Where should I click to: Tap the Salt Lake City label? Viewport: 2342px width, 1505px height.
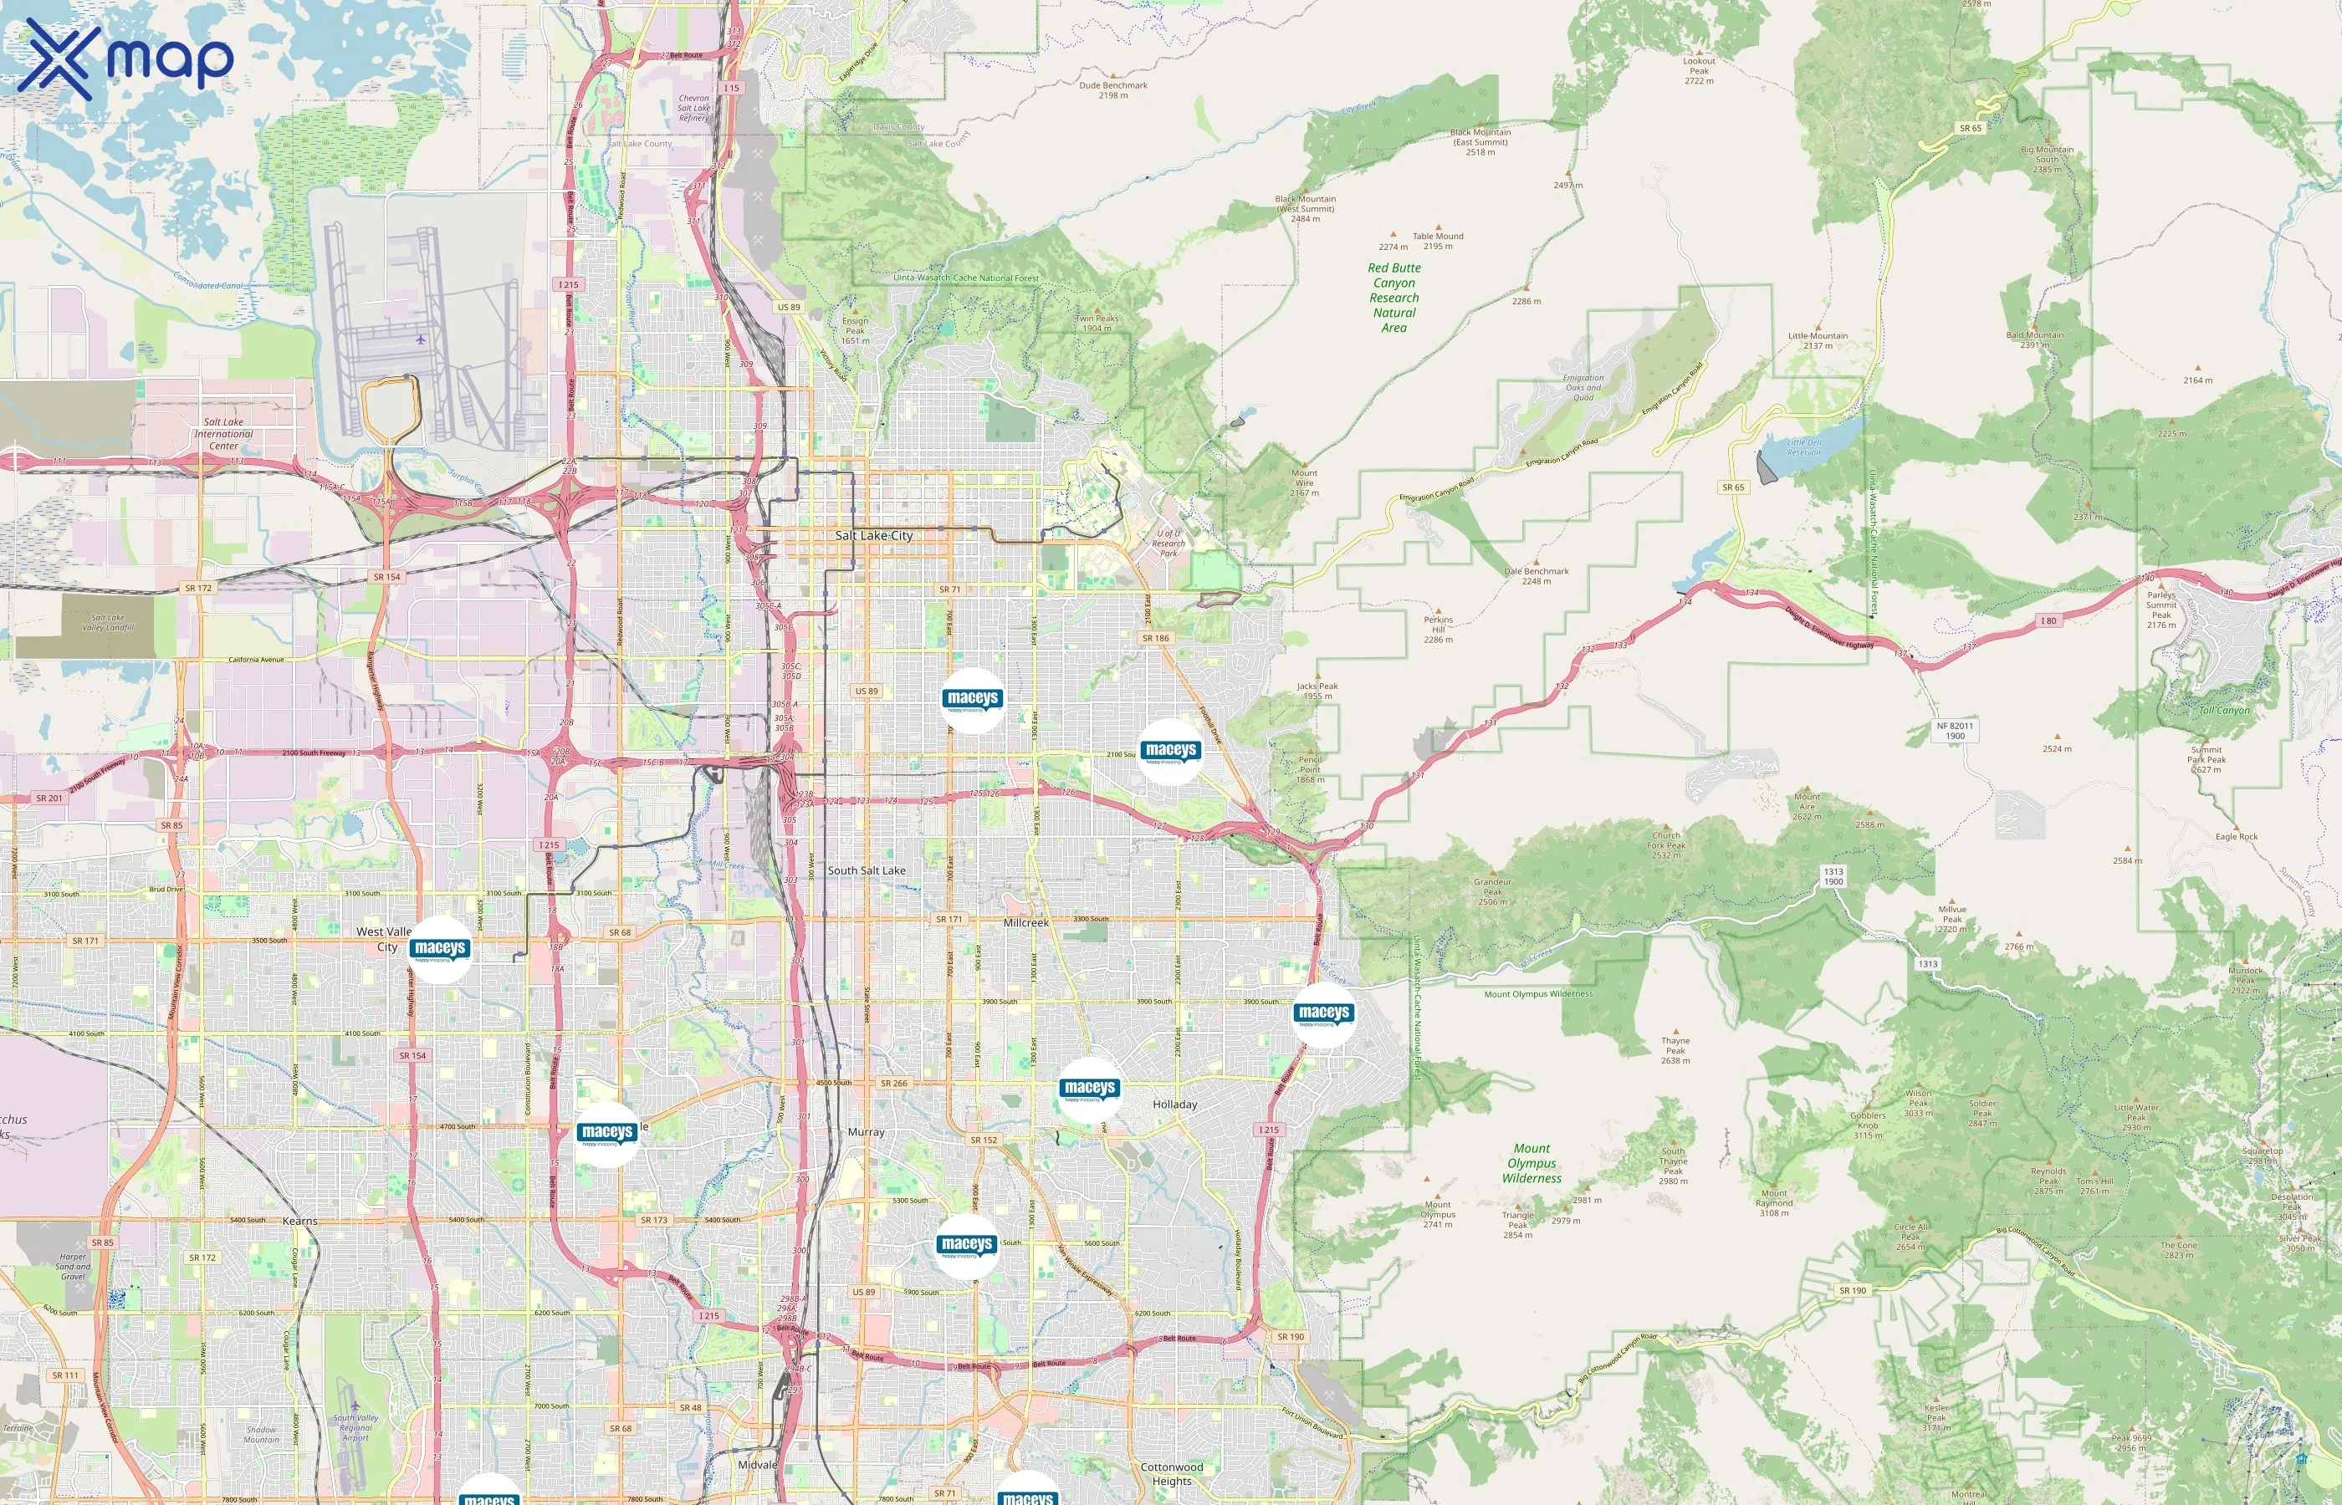[x=874, y=536]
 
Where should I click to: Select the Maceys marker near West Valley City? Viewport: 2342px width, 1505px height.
[x=440, y=949]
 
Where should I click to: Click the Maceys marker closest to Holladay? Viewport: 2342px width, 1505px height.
[x=1089, y=1089]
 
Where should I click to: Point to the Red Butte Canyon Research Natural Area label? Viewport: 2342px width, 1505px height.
[x=1393, y=297]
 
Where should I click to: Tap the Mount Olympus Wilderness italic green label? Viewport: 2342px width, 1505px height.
[x=1532, y=1163]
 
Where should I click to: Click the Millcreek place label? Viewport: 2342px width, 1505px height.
[x=1025, y=922]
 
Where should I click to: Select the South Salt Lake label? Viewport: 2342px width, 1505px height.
[x=866, y=870]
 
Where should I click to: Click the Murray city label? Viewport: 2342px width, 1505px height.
[x=865, y=1132]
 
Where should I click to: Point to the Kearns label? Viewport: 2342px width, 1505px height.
[x=300, y=1221]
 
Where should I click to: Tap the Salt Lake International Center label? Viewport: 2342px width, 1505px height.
[x=224, y=434]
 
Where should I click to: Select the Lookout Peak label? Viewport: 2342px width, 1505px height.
[x=1699, y=70]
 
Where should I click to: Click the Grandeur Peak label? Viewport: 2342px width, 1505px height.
[x=1492, y=891]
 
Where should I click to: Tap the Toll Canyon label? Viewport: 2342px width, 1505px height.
[x=2224, y=711]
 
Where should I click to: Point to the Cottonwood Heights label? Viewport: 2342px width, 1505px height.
[x=1171, y=1474]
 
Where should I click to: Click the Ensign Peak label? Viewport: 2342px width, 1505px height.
[x=856, y=330]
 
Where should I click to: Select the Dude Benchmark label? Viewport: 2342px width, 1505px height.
[x=1112, y=90]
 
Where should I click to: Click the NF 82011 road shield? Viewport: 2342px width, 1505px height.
[x=1954, y=731]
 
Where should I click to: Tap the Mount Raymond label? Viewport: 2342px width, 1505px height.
[x=1774, y=1203]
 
